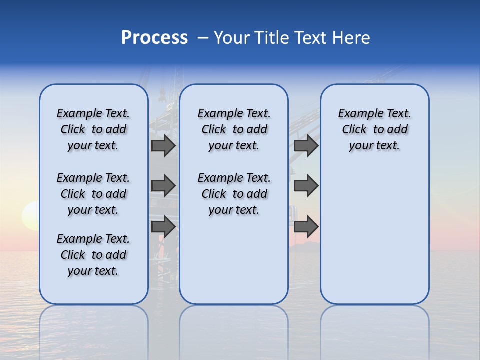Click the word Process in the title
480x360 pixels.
point(154,38)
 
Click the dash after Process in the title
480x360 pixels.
point(203,38)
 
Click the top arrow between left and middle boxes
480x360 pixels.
point(163,146)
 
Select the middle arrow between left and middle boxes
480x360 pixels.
point(163,186)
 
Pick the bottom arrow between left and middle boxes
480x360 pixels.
point(163,226)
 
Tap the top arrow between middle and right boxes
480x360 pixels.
point(306,146)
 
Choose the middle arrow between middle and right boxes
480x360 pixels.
point(306,186)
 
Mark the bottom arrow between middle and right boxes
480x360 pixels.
point(306,226)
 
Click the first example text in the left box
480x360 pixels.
point(93,129)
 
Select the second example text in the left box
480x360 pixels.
point(93,194)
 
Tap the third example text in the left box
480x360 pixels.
point(93,255)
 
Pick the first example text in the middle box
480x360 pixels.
point(234,129)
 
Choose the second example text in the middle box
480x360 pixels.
point(234,194)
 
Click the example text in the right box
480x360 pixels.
point(374,129)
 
